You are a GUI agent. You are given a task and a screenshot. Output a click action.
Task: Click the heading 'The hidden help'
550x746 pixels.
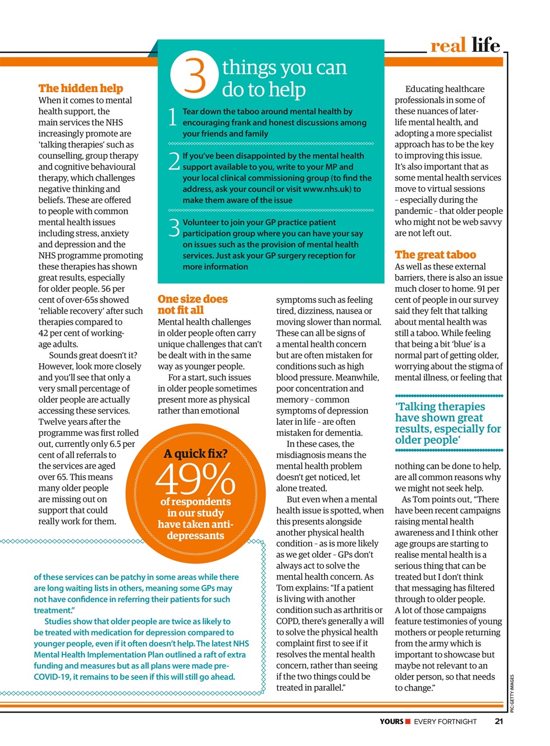click(80, 89)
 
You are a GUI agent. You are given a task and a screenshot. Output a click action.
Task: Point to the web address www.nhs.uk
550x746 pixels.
click(326, 189)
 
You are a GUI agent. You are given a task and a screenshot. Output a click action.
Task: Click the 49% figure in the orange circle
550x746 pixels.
click(195, 482)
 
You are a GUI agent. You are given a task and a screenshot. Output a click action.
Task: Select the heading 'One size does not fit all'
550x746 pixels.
click(193, 304)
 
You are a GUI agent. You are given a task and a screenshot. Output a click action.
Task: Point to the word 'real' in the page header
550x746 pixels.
click(448, 45)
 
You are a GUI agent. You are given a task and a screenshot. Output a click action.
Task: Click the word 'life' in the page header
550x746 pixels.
click(486, 45)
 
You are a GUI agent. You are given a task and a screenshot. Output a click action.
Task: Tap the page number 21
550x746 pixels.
click(499, 722)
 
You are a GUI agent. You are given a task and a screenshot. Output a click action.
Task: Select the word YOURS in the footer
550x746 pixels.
click(391, 722)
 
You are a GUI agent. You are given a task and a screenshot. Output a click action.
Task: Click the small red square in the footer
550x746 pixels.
click(409, 722)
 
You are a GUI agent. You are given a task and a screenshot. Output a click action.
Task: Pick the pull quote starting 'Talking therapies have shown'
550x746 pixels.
click(447, 423)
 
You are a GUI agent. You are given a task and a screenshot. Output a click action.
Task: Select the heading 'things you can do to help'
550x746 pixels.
click(284, 79)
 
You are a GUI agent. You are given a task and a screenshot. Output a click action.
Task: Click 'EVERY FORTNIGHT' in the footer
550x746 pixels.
click(445, 722)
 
